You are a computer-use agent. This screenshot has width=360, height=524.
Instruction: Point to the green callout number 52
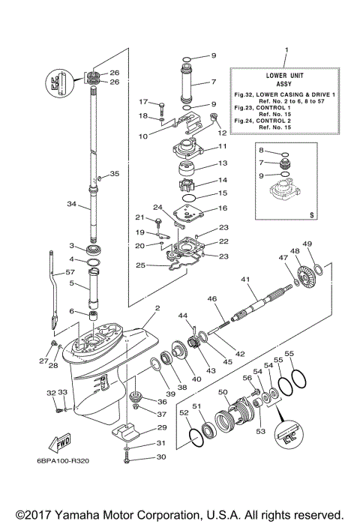click(184, 412)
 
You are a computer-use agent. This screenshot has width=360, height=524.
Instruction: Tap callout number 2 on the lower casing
click(157, 307)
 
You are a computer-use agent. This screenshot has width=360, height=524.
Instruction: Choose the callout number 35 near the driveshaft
click(114, 174)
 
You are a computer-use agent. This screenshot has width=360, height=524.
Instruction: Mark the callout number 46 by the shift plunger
click(212, 299)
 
